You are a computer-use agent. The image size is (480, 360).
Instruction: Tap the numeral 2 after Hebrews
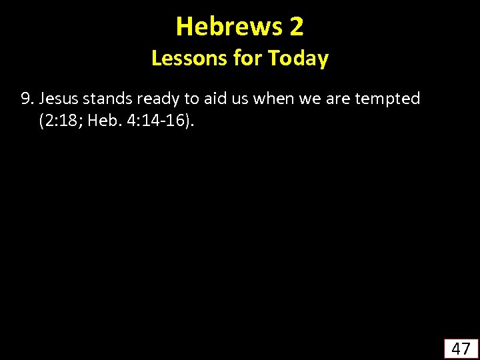click(297, 27)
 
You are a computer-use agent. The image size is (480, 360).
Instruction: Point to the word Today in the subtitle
click(299, 59)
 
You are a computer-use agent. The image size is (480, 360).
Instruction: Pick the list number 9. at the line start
click(28, 99)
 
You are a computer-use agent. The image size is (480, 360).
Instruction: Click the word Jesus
click(58, 99)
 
